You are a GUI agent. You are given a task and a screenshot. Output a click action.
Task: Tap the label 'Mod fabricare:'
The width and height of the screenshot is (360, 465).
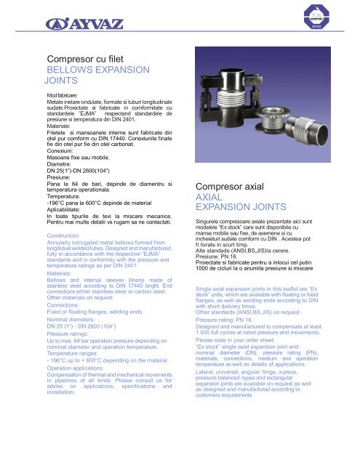65,96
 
